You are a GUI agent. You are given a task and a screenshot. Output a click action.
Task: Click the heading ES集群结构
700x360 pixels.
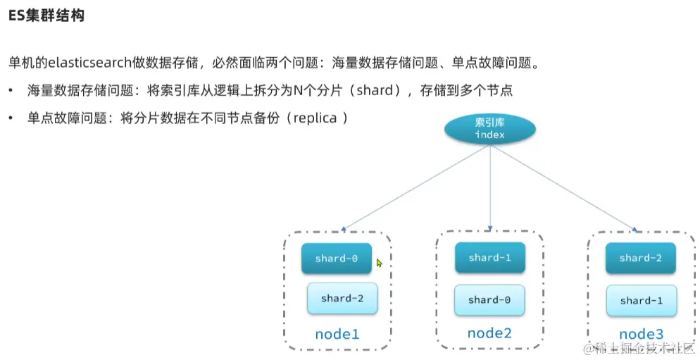[46, 15]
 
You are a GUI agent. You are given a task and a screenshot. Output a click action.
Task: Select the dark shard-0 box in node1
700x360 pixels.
[337, 259]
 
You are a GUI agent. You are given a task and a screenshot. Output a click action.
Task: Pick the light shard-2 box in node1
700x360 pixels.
[342, 298]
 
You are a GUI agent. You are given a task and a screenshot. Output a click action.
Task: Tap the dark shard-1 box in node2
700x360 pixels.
[489, 258]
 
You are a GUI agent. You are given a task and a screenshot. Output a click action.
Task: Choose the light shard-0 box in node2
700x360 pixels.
[489, 299]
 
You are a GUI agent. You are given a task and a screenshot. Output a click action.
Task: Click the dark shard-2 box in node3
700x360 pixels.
[641, 258]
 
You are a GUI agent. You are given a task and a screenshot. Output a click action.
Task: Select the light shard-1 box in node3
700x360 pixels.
[641, 300]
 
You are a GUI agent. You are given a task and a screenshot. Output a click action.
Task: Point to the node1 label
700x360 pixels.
[337, 333]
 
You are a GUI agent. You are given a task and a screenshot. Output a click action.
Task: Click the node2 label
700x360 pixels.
[489, 333]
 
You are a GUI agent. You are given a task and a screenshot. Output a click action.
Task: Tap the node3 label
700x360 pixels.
[642, 333]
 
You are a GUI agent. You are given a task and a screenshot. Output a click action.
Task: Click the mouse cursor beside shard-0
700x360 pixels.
[379, 263]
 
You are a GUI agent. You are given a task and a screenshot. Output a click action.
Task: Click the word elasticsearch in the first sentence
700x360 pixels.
[89, 63]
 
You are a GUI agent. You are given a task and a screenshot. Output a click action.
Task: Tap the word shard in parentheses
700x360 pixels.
[380, 90]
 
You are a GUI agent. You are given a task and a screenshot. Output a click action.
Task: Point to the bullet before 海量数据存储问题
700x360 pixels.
[11, 91]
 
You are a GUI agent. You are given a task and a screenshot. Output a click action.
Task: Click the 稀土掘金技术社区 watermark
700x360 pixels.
[642, 348]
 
